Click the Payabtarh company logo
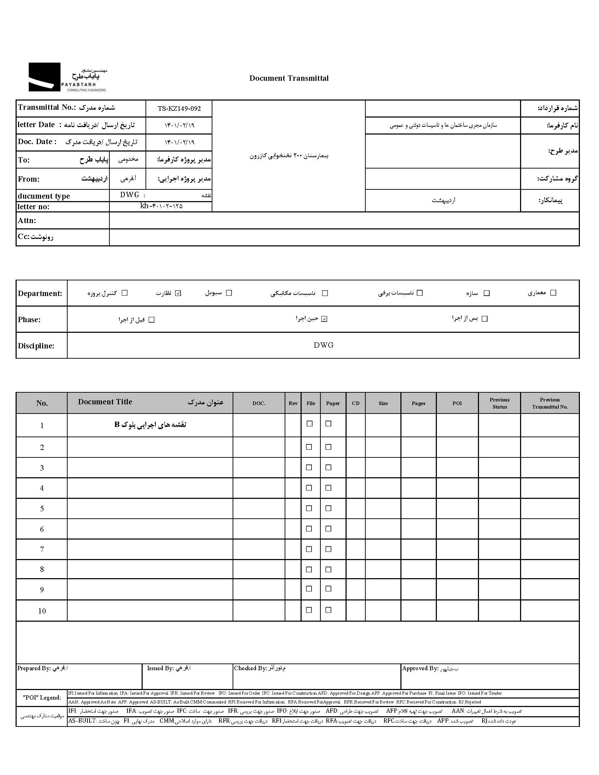pos(67,77)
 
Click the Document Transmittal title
pos(289,78)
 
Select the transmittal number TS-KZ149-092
pos(179,109)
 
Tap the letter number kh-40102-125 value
pos(161,206)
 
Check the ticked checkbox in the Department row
pos(178,293)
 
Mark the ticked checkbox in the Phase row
pos(324,319)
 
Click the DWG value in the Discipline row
pos(323,345)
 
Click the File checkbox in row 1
pos(310,424)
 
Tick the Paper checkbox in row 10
pos(329,610)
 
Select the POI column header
pos(457,403)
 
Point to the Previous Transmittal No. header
pos(550,403)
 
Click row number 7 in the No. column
pos(42,549)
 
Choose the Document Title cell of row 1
pos(150,425)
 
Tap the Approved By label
pos(420,668)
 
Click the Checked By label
pos(250,668)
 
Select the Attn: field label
pos(27,221)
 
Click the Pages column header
pos(418,403)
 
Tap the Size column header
pos(383,403)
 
